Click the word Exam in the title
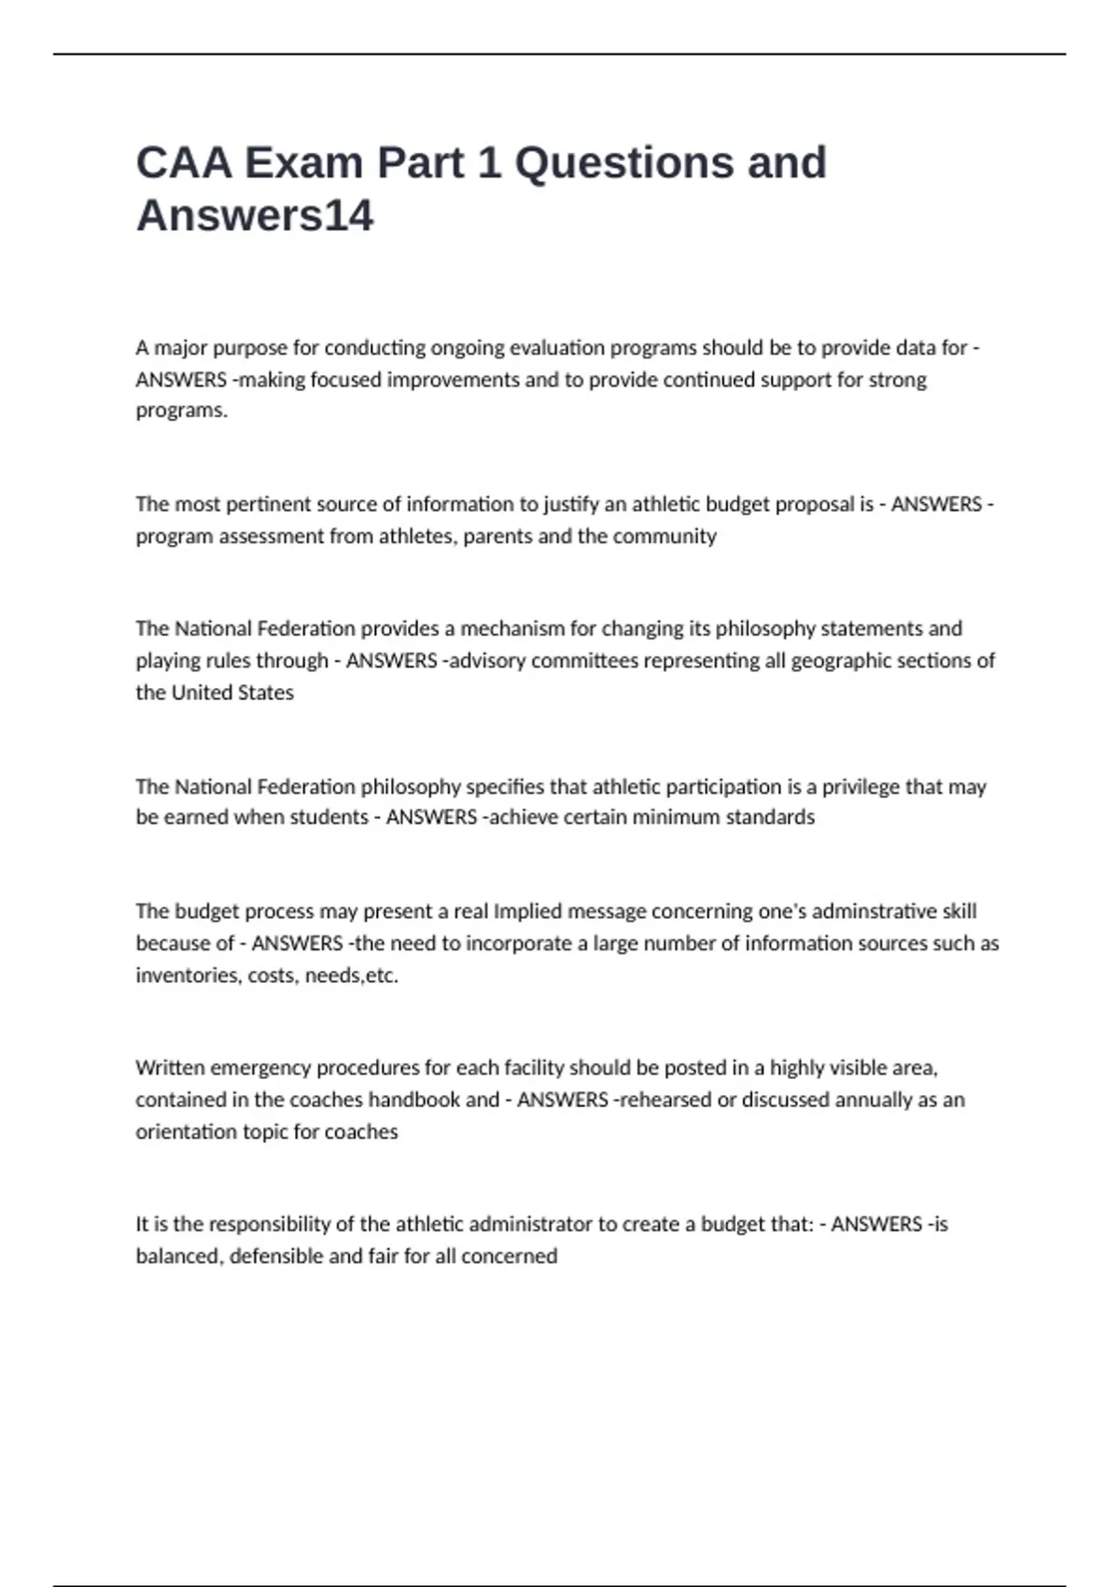303,162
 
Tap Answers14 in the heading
255,216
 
